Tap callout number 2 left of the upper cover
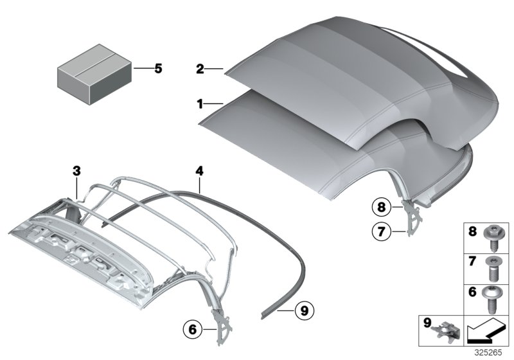200,69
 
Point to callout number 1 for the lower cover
200,103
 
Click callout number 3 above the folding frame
76,170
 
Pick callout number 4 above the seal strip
199,171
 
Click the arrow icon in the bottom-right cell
486,334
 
